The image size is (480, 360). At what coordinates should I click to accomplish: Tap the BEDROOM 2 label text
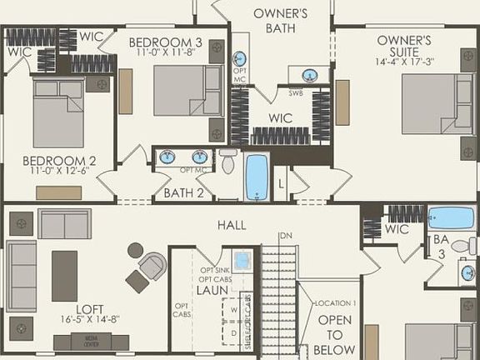(59, 161)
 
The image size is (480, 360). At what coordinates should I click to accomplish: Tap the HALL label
(231, 225)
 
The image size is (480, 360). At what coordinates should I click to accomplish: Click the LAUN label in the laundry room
(212, 290)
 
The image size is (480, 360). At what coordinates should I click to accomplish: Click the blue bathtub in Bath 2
(256, 176)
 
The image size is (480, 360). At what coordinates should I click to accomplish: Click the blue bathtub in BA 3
(451, 217)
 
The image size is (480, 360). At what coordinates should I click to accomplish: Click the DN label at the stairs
(286, 236)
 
